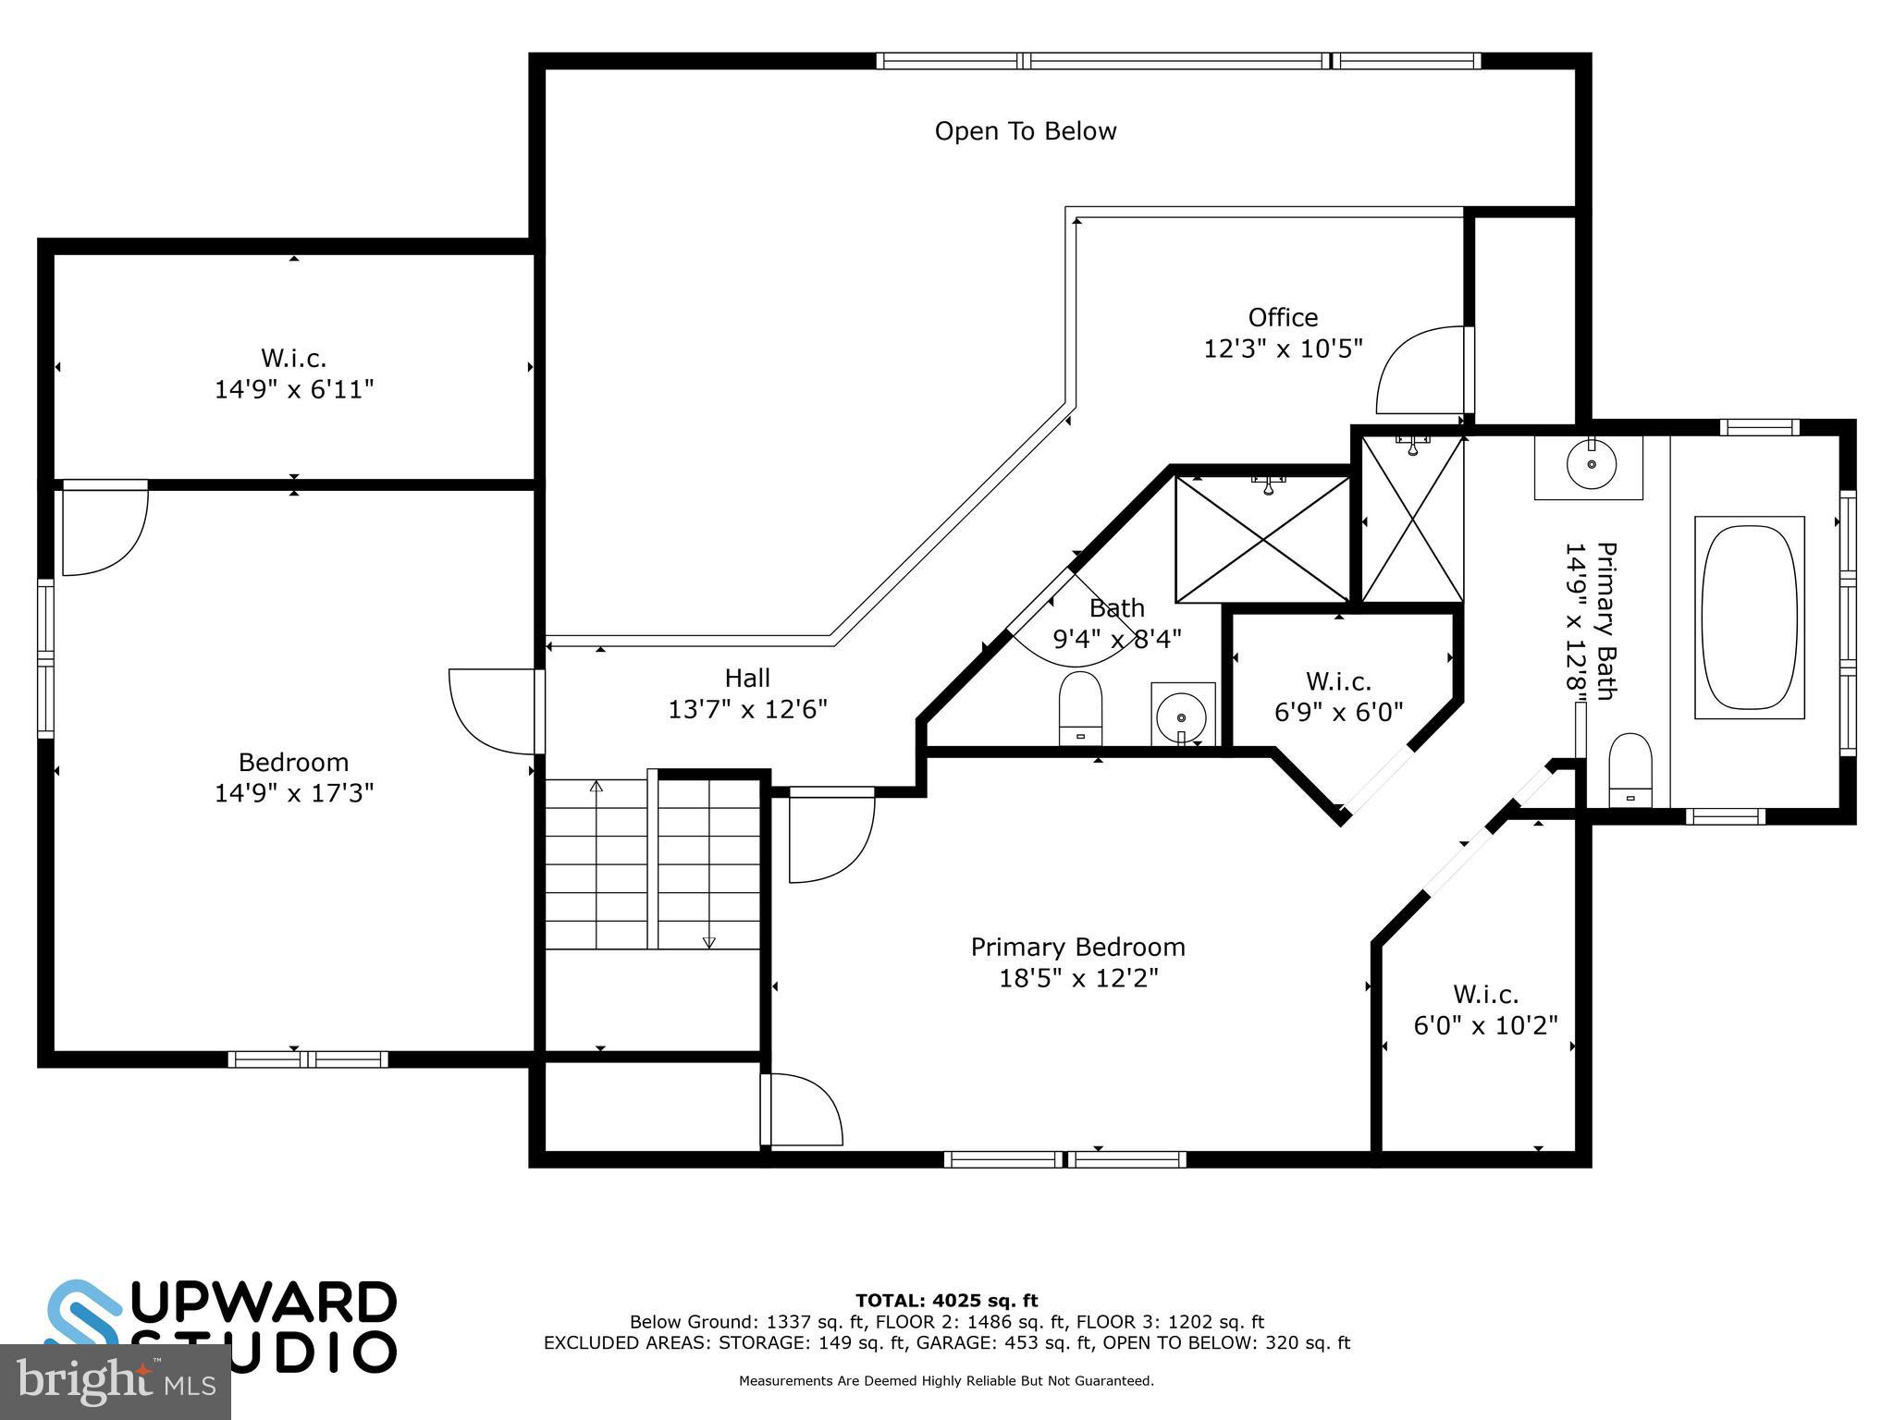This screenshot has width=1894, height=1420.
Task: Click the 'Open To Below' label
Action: (1025, 131)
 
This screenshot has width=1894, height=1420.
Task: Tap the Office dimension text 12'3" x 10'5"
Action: (1282, 349)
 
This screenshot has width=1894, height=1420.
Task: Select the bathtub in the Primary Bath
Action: (1749, 618)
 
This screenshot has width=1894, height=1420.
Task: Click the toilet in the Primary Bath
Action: (1630, 770)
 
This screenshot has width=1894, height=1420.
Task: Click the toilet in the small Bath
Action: (1080, 707)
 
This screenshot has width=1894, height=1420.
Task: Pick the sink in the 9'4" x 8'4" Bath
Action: (1182, 716)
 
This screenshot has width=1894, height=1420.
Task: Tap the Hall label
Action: (747, 678)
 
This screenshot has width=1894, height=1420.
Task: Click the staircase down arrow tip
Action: (709, 943)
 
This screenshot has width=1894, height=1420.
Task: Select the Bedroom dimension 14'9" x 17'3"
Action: (294, 793)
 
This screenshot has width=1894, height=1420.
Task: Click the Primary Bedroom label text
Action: (1077, 947)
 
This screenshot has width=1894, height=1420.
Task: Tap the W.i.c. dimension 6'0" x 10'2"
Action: (1485, 1026)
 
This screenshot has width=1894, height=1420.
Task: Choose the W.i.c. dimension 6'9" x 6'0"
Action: (1338, 712)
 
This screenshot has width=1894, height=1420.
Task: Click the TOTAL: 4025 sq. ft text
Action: (946, 1301)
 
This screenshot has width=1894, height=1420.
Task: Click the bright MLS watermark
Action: (115, 1381)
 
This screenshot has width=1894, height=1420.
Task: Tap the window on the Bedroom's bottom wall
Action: (308, 1059)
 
